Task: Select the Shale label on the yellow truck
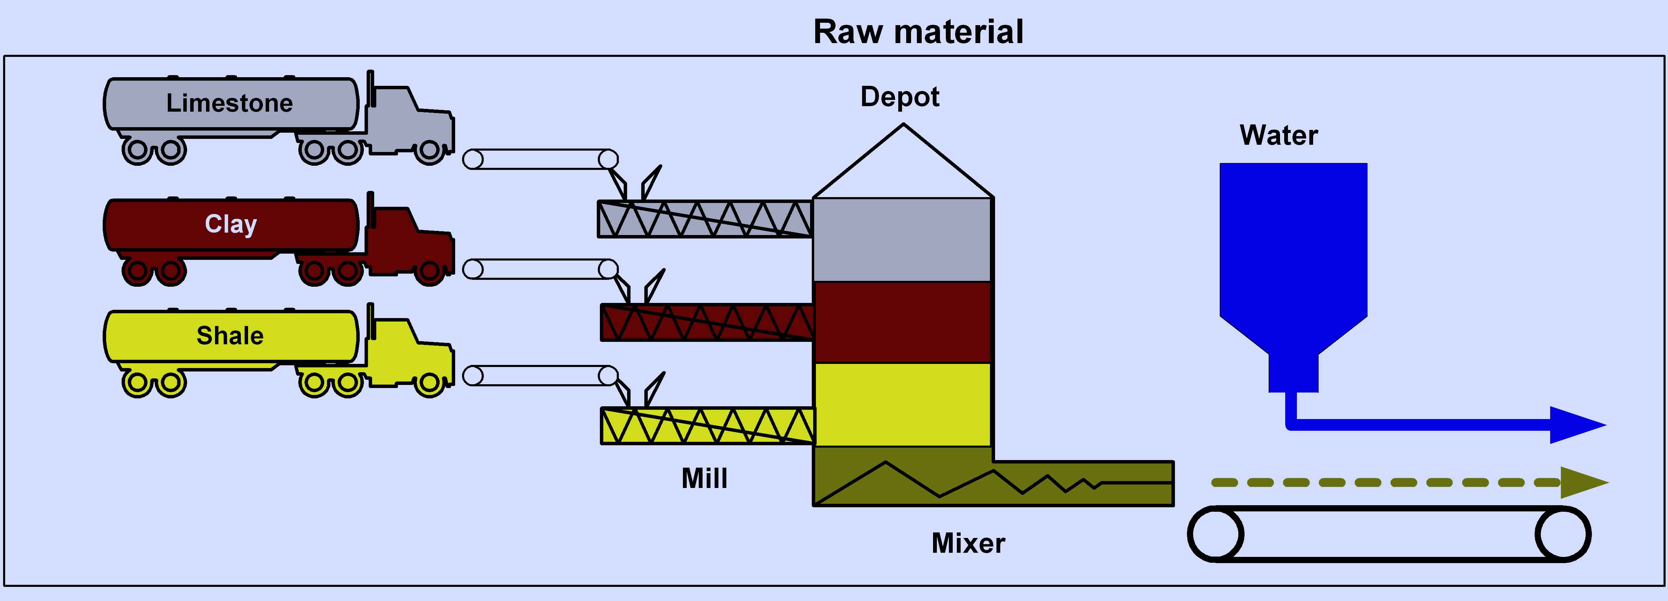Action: (x=230, y=335)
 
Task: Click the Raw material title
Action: (x=918, y=32)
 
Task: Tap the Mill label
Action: (x=705, y=479)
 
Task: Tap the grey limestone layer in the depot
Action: (x=902, y=240)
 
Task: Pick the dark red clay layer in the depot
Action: (x=902, y=322)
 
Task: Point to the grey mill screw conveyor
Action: (x=705, y=219)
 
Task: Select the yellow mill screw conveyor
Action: (x=707, y=426)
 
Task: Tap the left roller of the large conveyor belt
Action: (x=1215, y=534)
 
